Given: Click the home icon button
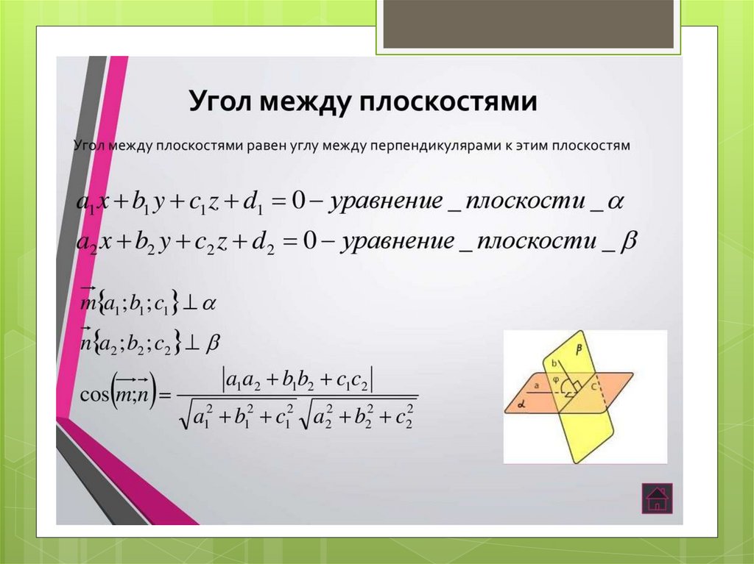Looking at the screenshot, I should [x=655, y=498].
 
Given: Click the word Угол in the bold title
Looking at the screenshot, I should [x=219, y=101].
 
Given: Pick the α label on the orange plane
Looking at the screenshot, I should [x=520, y=404].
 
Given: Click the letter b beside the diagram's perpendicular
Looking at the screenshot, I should [x=553, y=363].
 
